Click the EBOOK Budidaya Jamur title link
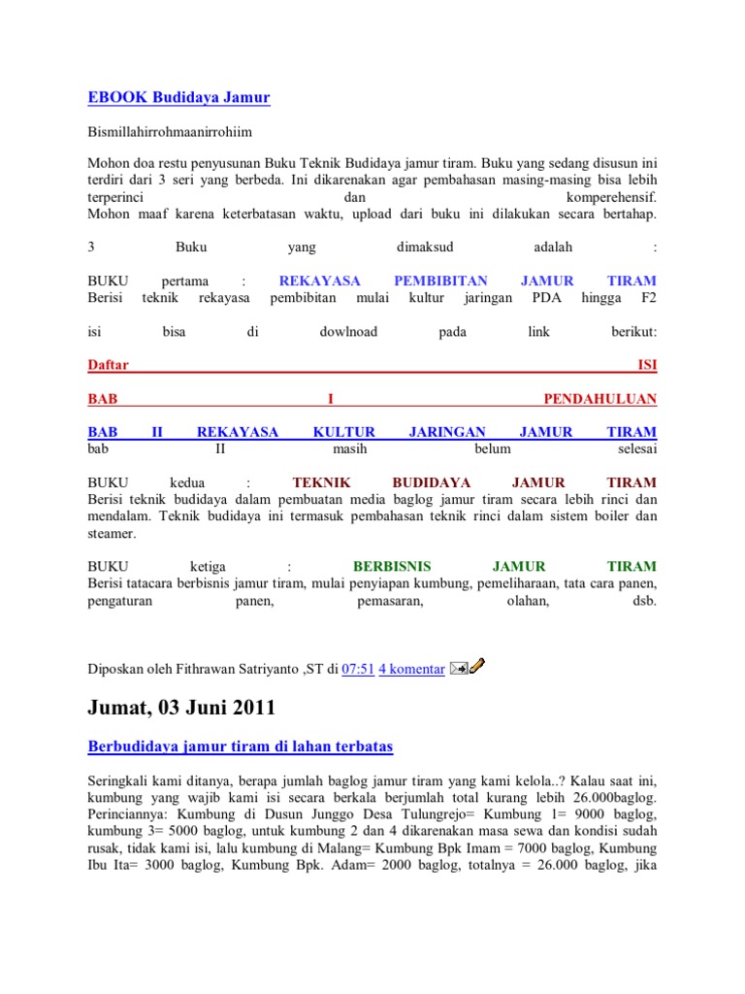[178, 97]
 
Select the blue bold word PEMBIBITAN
[440, 281]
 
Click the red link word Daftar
[108, 365]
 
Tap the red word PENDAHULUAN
[599, 399]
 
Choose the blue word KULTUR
[343, 432]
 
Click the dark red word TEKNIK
[321, 482]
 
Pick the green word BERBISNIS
[392, 566]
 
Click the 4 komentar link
[411, 668]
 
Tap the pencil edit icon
[477, 666]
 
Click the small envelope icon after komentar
[459, 668]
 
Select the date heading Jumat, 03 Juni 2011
[181, 708]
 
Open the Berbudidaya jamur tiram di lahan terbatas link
[240, 746]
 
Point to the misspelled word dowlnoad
[348, 332]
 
